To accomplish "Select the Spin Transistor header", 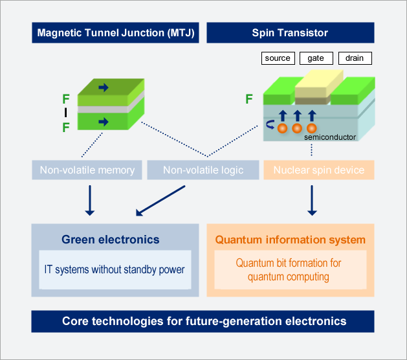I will coord(290,32).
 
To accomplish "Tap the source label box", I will coord(278,58).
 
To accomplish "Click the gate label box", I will coord(316,58).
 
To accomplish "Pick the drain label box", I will coord(355,58).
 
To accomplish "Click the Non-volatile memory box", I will coord(87,170).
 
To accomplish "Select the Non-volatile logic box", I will coord(203,170).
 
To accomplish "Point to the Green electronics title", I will coord(111,240).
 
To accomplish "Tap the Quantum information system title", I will coord(290,240).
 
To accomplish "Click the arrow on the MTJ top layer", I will coord(104,87).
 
